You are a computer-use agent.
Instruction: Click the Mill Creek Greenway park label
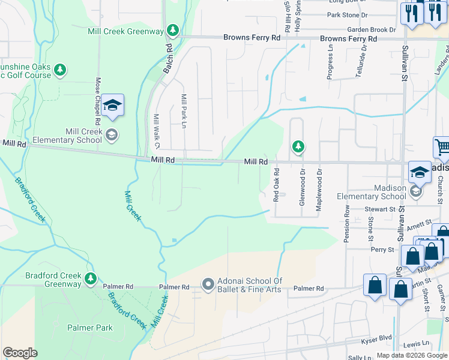[x=126, y=31]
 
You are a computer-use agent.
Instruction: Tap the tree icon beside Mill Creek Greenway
[x=173, y=29]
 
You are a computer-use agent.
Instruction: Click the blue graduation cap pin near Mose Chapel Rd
[x=112, y=106]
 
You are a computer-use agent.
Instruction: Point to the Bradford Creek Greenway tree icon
[x=90, y=278]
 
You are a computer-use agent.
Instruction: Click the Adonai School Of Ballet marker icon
[x=208, y=283]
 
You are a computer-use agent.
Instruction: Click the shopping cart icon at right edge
[x=442, y=148]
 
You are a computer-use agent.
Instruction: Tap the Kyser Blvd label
[x=376, y=337]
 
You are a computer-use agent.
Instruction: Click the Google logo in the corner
[x=20, y=353]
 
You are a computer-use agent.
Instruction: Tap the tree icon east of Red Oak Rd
[x=298, y=146]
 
